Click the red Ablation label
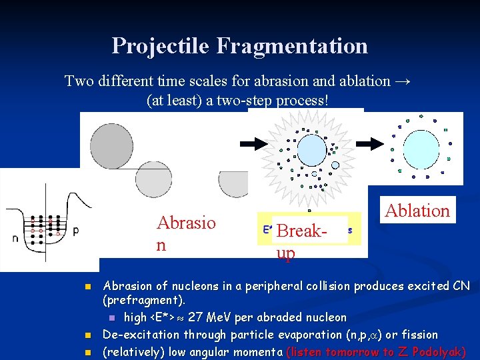(418, 211)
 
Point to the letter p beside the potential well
(75, 230)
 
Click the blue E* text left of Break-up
(267, 229)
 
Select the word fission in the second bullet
(417, 335)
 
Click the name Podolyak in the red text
(440, 352)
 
